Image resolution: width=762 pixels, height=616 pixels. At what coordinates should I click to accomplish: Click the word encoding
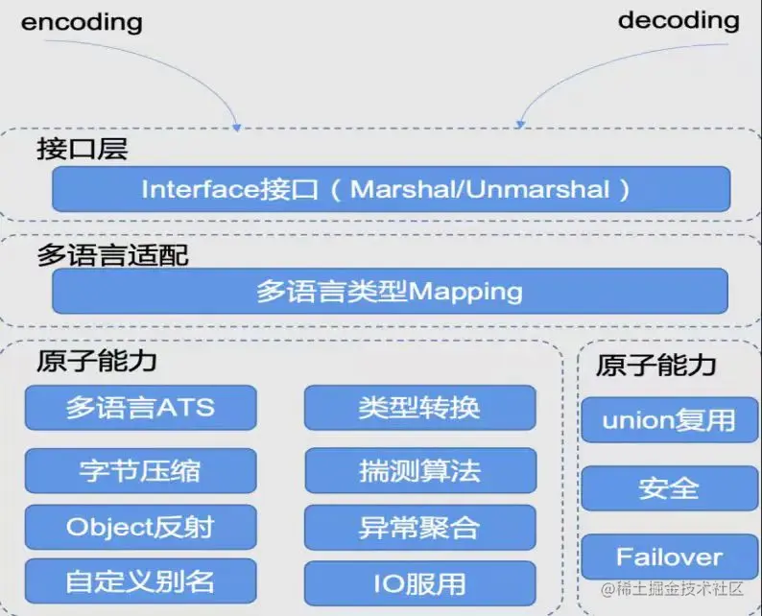pos(82,21)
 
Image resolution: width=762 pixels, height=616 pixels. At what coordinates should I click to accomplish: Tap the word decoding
pos(679,19)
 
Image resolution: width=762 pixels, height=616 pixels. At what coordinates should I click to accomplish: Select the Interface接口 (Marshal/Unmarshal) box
pos(390,189)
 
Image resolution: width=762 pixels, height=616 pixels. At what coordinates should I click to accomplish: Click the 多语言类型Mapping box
pos(390,291)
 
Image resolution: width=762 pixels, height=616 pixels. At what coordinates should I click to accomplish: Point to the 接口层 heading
pos(83,150)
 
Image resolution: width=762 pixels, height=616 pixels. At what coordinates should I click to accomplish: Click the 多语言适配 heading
pos(112,255)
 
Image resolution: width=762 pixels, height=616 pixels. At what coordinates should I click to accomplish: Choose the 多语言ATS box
pos(140,408)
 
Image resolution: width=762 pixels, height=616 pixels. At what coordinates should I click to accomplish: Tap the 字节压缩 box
pos(140,470)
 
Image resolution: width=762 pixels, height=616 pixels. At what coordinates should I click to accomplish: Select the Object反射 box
pos(140,527)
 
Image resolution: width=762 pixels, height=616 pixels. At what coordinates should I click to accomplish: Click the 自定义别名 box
pos(140,581)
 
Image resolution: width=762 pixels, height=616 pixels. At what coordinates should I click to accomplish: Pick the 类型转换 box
pos(419,408)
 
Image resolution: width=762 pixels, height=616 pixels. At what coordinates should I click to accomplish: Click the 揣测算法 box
pos(419,470)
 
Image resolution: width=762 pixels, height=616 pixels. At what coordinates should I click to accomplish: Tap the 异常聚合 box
pos(419,527)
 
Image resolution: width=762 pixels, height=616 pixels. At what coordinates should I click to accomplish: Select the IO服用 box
pos(419,582)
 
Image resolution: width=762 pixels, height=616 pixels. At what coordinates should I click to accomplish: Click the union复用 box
pos(669,420)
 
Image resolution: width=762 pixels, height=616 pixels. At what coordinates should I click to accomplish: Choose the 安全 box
pos(669,487)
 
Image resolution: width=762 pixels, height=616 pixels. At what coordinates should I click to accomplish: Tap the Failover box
pos(669,557)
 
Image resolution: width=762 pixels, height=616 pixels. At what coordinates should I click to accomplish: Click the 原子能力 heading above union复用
pos(656,366)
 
